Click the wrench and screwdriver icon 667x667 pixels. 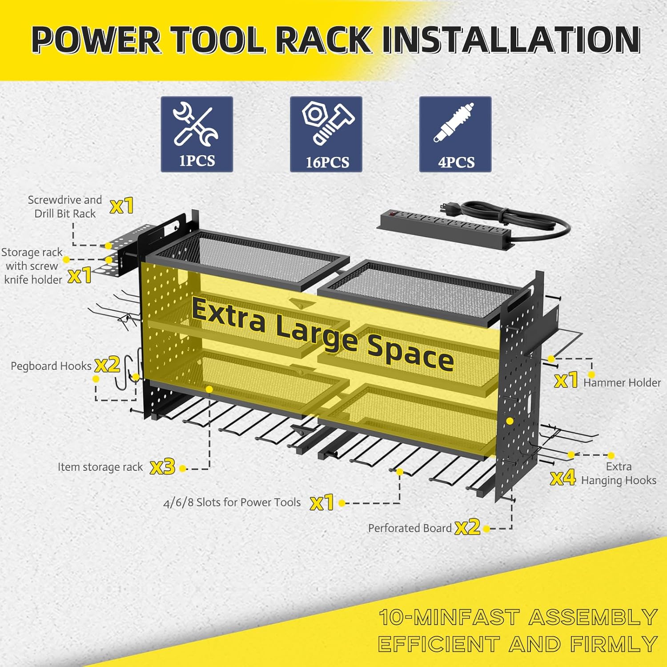click(196, 125)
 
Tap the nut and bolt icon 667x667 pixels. click(328, 123)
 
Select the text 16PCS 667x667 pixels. click(327, 162)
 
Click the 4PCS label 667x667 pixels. click(456, 162)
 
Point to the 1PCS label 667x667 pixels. click(197, 161)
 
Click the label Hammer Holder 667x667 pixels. click(622, 382)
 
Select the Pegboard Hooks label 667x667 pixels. click(51, 366)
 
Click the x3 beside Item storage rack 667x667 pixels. click(163, 467)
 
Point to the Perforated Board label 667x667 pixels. click(410, 528)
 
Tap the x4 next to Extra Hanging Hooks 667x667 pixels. click(563, 478)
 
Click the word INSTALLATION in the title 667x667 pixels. click(511, 40)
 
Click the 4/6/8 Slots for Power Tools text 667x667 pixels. click(232, 502)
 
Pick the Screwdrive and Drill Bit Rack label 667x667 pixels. click(65, 207)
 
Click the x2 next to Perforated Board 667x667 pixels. click(468, 527)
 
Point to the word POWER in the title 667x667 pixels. click(96, 40)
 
